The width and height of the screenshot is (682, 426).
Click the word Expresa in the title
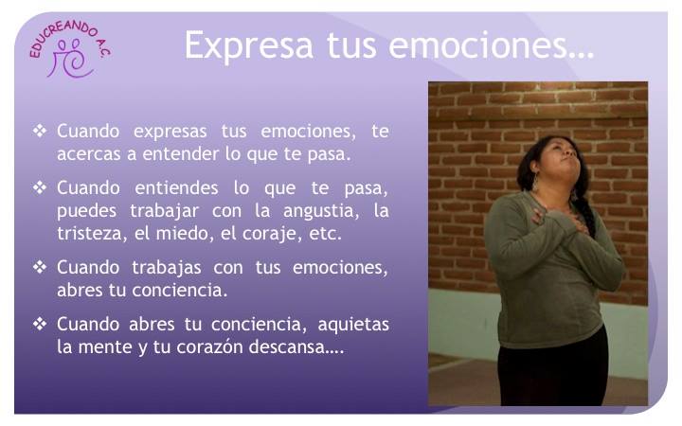tap(249, 45)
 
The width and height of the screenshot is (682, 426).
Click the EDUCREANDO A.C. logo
tap(70, 48)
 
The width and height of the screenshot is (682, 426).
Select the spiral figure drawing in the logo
tap(71, 59)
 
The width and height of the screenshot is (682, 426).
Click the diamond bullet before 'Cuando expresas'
tap(40, 131)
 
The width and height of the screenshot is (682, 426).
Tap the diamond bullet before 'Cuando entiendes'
tap(40, 187)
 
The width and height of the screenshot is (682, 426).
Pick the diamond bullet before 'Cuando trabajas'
tap(40, 267)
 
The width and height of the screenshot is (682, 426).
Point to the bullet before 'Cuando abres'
tap(40, 324)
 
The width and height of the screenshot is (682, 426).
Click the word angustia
tap(321, 212)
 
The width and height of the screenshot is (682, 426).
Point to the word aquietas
tap(353, 325)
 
